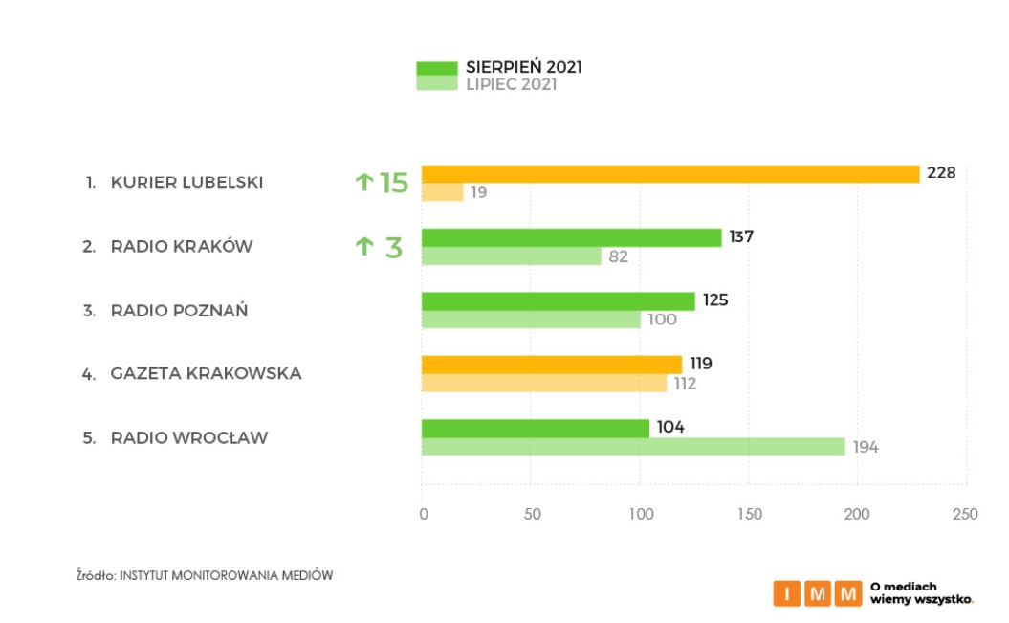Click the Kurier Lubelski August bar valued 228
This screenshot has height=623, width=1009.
click(669, 173)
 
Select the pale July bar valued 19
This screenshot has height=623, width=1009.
click(442, 192)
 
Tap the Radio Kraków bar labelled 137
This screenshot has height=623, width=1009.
click(571, 237)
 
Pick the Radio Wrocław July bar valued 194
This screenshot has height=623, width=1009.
click(632, 447)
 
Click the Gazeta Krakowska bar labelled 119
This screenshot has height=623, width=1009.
click(551, 365)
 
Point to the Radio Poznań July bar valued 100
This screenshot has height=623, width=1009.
click(531, 320)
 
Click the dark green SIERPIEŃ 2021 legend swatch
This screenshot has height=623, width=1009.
click(435, 68)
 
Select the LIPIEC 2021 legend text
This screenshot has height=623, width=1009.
click(511, 84)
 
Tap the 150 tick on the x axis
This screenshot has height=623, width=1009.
click(749, 514)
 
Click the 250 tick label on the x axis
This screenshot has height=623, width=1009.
click(965, 514)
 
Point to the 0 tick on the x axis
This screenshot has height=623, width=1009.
click(423, 514)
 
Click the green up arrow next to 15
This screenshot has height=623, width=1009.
click(363, 182)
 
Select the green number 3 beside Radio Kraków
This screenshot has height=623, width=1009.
click(392, 248)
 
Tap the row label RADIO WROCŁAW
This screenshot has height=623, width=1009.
click(189, 438)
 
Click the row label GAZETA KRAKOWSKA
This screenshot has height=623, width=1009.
click(206, 373)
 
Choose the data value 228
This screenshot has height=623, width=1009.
click(941, 173)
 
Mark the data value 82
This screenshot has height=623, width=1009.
click(619, 256)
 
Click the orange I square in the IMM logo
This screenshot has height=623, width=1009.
click(786, 593)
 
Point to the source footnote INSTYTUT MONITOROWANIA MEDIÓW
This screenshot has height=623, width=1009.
click(226, 575)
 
